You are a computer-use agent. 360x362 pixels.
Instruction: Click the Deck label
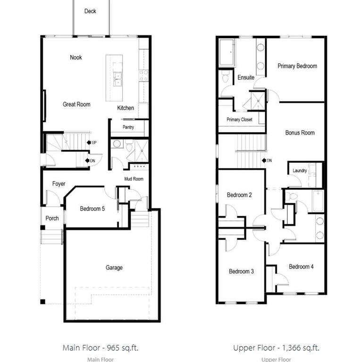[x=90, y=11]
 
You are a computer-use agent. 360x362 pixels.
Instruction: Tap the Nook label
[x=76, y=57]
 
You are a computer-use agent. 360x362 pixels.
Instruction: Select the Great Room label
[x=76, y=104]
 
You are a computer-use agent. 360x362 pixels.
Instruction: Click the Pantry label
[x=128, y=127]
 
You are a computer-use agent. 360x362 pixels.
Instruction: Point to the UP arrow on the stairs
[x=89, y=142]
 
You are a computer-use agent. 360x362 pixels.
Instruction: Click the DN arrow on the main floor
[x=87, y=160]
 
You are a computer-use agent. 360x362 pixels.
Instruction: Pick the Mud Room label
[x=134, y=179]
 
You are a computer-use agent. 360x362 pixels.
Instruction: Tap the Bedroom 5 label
[x=92, y=209]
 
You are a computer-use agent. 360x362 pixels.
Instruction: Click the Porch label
[x=52, y=218]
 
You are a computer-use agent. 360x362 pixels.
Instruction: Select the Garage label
[x=114, y=268]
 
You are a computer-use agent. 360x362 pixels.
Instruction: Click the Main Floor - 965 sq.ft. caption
[x=100, y=348]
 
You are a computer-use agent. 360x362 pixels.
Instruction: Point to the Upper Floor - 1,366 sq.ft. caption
[x=276, y=348]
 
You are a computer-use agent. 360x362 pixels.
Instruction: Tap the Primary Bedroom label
[x=297, y=66]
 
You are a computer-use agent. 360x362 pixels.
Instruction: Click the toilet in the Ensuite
[x=225, y=76]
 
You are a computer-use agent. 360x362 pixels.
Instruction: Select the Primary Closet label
[x=239, y=120]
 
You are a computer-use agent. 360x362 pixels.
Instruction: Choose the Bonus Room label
[x=300, y=133]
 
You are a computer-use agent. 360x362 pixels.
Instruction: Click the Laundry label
[x=300, y=171]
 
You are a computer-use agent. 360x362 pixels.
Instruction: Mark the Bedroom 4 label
[x=301, y=267]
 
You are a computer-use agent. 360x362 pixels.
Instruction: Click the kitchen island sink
[x=117, y=79]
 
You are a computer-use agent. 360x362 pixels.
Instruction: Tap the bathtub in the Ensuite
[x=226, y=53]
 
